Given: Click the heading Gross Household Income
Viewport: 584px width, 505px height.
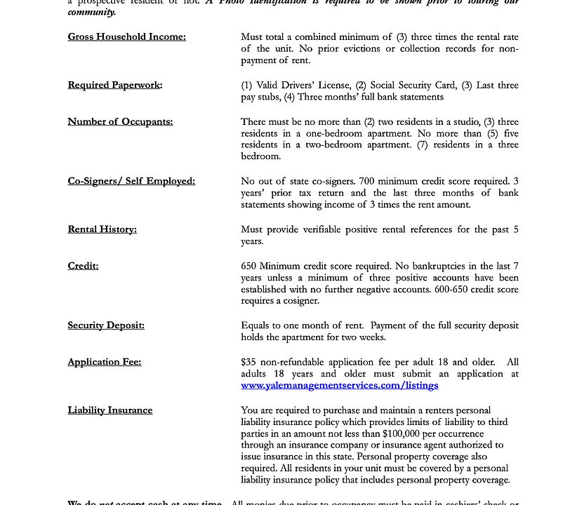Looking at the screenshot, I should (126, 37).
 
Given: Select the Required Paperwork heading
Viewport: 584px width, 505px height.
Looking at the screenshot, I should (114, 86).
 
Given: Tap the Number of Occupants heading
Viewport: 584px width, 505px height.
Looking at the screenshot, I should (120, 122).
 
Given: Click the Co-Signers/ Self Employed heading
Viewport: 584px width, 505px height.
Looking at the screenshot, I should (131, 181).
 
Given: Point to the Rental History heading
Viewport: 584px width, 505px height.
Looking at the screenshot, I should (102, 229).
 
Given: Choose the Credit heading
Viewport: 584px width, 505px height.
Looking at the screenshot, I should (83, 266).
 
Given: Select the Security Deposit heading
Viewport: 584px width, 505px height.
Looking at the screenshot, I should (106, 325).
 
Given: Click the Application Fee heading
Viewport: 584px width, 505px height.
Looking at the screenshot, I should (104, 362).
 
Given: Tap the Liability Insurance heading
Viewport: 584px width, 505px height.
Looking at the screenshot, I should (109, 410).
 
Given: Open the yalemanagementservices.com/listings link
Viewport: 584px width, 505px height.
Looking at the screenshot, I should (339, 385).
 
